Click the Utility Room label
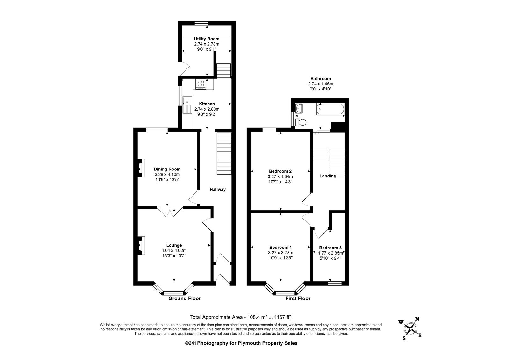pos(207,39)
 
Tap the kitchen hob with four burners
pos(201,84)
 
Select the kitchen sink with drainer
pos(187,105)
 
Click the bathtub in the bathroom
pos(330,109)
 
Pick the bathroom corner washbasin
pos(299,108)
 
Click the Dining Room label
pos(167,169)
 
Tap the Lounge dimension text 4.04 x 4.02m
pos(174,250)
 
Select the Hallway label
pos(218,189)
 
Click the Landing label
pos(328,176)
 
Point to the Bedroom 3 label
pos(330,248)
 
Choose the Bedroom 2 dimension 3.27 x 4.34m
pos(280,176)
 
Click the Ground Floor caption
pos(185,298)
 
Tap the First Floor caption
pos(298,298)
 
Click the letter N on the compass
pos(417,319)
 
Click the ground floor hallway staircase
pos(224,153)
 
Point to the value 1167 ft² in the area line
pos(283,317)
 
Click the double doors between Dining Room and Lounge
pos(170,211)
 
